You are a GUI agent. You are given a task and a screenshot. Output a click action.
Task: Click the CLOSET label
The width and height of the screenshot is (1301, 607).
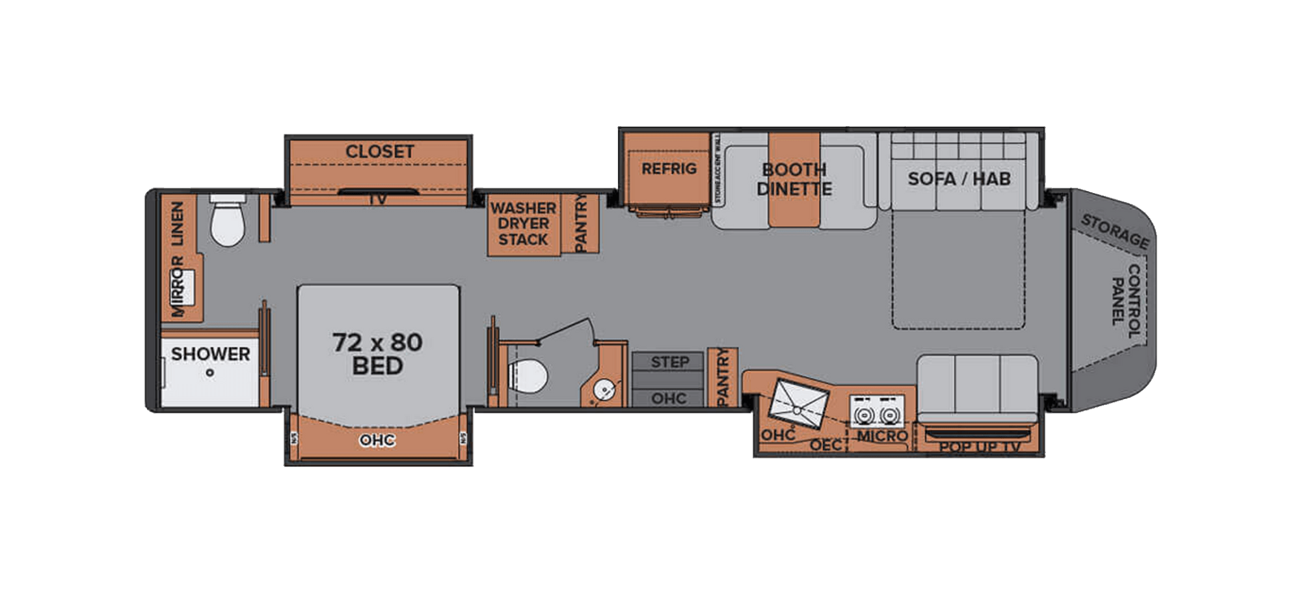(x=379, y=151)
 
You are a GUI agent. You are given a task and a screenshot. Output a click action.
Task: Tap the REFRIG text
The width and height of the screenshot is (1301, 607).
(x=669, y=169)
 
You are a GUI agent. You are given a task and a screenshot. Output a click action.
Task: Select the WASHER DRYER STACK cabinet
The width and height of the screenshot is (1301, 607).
(x=524, y=224)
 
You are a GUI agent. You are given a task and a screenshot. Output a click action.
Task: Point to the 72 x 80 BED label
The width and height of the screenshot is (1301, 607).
(x=377, y=354)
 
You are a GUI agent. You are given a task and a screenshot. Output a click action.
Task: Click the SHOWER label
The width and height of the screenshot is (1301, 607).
(x=210, y=354)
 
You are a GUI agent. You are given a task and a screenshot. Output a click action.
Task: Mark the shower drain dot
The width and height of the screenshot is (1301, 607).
(x=209, y=373)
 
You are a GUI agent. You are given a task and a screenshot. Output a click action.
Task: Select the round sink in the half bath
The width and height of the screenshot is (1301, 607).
(x=604, y=391)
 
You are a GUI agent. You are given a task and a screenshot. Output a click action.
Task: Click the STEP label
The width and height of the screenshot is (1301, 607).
(x=669, y=362)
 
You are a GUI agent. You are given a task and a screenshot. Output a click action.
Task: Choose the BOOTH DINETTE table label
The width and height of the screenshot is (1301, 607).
(x=794, y=179)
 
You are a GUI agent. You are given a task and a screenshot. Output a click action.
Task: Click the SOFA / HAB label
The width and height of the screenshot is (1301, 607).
(x=959, y=179)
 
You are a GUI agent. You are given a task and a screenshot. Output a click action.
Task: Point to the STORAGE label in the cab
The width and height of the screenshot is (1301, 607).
(x=1114, y=231)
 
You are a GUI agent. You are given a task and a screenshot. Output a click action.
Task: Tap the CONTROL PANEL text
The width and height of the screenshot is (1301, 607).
(x=1125, y=300)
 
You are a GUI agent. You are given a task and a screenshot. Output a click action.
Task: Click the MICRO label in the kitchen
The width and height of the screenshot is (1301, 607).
(x=881, y=436)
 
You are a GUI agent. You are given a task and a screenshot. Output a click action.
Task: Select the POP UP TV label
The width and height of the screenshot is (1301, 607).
(x=979, y=447)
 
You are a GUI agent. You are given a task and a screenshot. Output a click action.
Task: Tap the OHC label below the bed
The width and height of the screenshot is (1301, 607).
(x=377, y=441)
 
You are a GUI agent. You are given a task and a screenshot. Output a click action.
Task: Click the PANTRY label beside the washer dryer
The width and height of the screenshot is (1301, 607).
(x=581, y=224)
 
